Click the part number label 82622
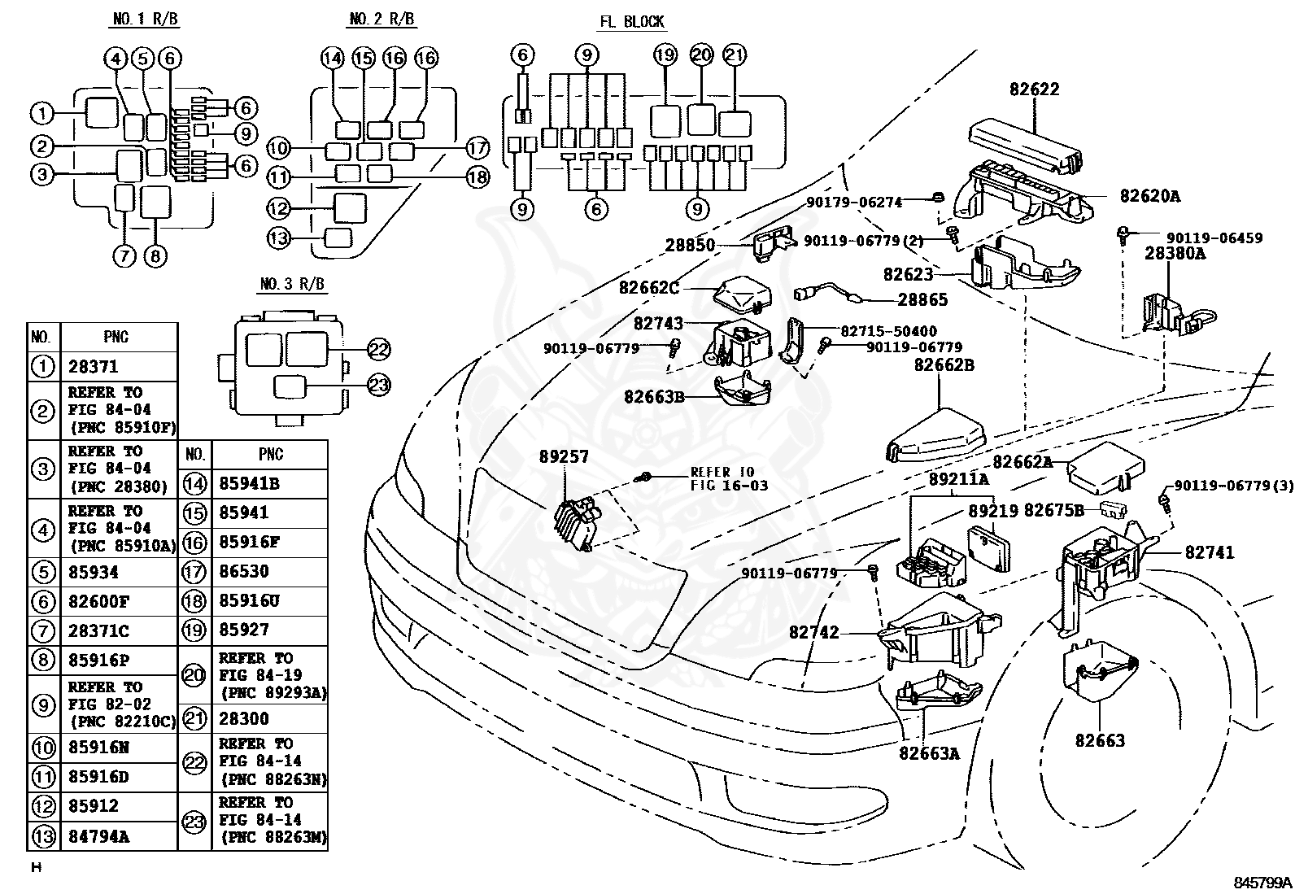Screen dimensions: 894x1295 [x=1035, y=89]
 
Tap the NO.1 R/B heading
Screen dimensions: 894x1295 [x=144, y=20]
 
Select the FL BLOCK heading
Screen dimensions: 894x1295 [x=631, y=22]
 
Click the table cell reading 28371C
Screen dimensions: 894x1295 [x=98, y=630]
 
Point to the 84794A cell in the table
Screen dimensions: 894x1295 [x=98, y=836]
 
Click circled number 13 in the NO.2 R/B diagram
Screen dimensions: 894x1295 [x=279, y=238]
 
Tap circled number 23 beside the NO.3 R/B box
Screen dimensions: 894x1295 [x=379, y=385]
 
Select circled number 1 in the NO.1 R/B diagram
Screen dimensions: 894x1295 [x=41, y=114]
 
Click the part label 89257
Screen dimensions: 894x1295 [x=563, y=457]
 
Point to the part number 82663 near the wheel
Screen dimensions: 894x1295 [x=1100, y=740]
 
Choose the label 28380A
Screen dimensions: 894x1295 [x=1175, y=253]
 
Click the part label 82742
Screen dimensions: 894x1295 [x=813, y=632]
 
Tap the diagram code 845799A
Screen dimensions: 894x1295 [x=1262, y=882]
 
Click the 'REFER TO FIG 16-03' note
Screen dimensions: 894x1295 [x=729, y=479]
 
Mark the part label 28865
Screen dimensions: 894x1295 [x=922, y=300]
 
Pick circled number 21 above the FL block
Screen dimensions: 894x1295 [x=735, y=55]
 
